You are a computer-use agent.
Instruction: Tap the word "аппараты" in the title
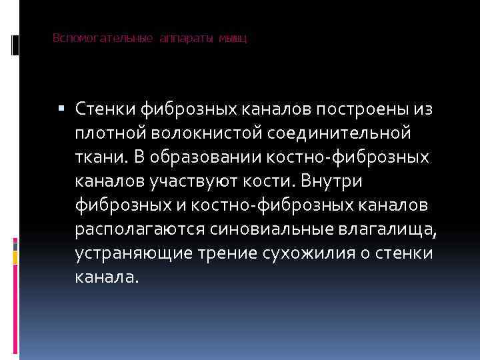pos(186,39)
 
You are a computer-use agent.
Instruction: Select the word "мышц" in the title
pos(234,39)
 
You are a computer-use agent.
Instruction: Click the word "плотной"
pos(107,134)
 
